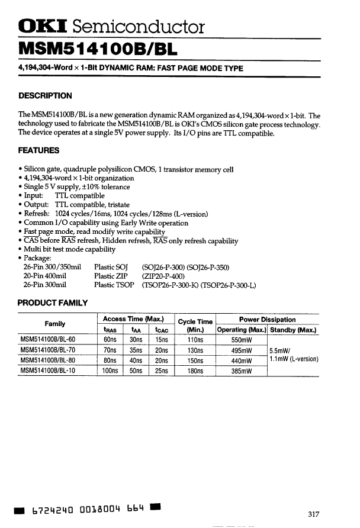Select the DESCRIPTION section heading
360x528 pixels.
(45, 96)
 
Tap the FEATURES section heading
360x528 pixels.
(39, 151)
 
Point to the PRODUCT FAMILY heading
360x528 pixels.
(53, 303)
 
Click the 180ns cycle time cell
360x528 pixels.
(195, 371)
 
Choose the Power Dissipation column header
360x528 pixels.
(268, 319)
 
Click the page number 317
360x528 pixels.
(314, 513)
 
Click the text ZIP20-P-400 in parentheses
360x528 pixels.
(163, 276)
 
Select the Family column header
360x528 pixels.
(56, 324)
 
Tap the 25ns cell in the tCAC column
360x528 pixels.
(162, 371)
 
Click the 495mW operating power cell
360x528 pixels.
(242, 350)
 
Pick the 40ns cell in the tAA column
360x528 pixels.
(136, 360)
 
